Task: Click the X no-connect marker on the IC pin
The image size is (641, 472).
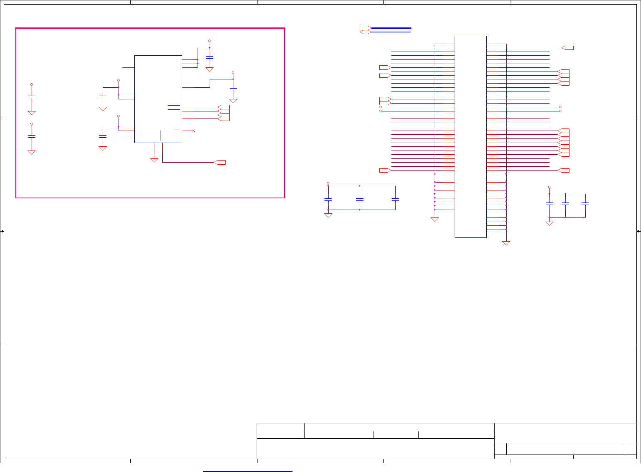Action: coord(193,131)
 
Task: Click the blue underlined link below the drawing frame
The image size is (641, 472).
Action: coord(247,471)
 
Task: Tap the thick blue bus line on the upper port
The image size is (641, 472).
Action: coord(391,28)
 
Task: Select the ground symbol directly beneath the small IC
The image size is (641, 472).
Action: coord(154,160)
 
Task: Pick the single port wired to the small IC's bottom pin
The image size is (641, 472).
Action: coord(220,162)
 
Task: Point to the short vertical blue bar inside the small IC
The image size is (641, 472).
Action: coord(161,135)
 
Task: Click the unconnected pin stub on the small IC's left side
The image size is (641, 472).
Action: coord(129,67)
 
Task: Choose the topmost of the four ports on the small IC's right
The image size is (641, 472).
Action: coord(224,107)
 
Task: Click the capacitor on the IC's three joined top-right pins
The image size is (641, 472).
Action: coord(210,57)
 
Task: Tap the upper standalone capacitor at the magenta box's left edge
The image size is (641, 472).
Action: coord(32,97)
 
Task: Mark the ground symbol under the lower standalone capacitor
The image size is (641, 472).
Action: coord(32,152)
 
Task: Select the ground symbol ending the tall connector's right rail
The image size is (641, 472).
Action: coord(506,243)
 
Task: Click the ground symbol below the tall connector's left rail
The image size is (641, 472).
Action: coord(435,220)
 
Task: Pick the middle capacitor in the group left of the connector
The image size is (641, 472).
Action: coord(360,200)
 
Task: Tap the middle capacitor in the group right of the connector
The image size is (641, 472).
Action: coord(565,204)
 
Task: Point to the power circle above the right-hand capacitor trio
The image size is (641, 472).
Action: coord(549,187)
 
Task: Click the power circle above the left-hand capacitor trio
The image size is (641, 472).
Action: coord(328,183)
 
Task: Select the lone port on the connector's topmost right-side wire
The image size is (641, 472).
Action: coord(568,48)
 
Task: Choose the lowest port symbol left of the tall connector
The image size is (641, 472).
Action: coord(385,171)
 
